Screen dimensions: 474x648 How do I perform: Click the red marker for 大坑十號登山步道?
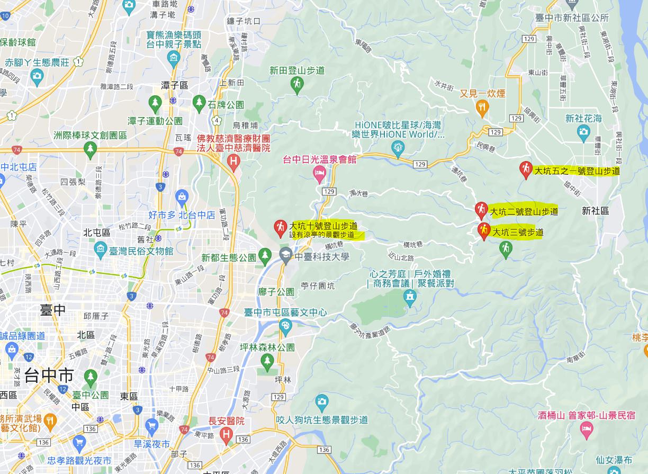pos(280,228)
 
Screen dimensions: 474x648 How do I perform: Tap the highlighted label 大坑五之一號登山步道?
pos(577,171)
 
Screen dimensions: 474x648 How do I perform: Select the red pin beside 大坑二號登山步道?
pos(481,210)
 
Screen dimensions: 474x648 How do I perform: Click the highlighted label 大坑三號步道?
pos(518,232)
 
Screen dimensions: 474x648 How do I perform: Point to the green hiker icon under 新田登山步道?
pos(298,84)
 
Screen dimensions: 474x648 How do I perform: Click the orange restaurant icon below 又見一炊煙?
pos(482,109)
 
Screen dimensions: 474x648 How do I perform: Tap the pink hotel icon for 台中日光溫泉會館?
pos(319,173)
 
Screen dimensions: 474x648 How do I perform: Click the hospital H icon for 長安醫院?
pos(226,436)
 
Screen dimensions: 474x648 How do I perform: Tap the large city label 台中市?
pos(49,376)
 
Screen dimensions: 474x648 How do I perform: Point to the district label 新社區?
pos(595,211)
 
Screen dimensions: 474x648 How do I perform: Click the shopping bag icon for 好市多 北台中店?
pos(182,197)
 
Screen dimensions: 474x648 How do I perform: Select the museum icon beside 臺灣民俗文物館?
pos(101,248)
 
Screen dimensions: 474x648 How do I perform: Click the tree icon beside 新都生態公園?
pos(265,257)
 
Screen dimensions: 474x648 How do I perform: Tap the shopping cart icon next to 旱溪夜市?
pos(152,425)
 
